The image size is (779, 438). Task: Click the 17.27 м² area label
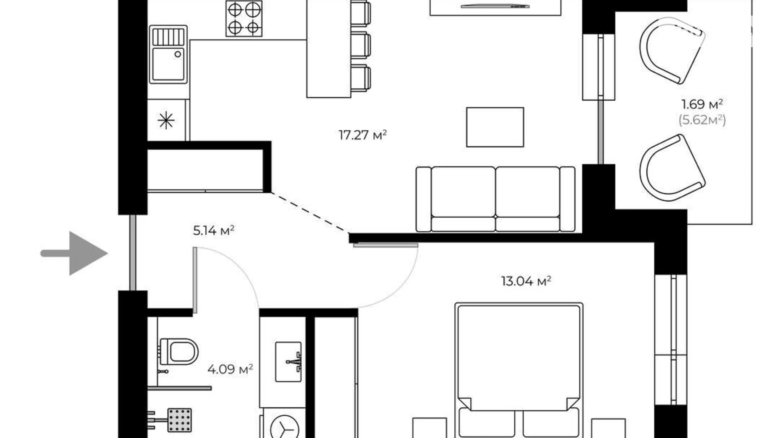363,135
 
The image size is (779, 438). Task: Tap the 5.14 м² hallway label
213,230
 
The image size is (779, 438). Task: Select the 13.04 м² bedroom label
526,281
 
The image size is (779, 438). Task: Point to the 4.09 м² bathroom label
230,369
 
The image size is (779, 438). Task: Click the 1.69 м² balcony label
702,104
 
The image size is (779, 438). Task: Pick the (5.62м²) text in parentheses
702,120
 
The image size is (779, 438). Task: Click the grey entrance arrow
74,253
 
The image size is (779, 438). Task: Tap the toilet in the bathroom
179,352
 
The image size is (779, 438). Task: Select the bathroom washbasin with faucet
288,362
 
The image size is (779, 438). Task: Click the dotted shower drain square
179,420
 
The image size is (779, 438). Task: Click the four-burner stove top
244,19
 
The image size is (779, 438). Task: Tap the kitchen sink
168,54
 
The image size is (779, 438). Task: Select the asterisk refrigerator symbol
166,120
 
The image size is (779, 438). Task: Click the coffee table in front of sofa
495,127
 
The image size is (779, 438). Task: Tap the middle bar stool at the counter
360,45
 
